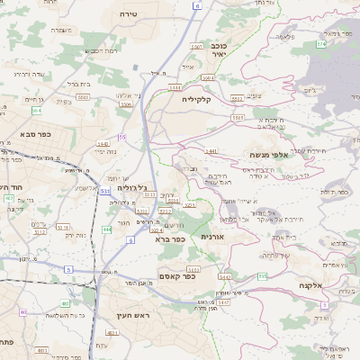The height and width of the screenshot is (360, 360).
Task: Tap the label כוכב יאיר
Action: (x=217, y=49)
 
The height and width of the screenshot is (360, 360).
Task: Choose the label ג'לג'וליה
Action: (x=131, y=187)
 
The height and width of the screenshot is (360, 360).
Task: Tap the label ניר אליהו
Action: (x=129, y=94)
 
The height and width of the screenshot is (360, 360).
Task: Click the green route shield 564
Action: (x=36, y=110)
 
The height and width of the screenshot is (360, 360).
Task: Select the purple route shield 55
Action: (x=121, y=137)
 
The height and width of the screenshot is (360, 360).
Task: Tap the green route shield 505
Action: (x=262, y=274)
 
